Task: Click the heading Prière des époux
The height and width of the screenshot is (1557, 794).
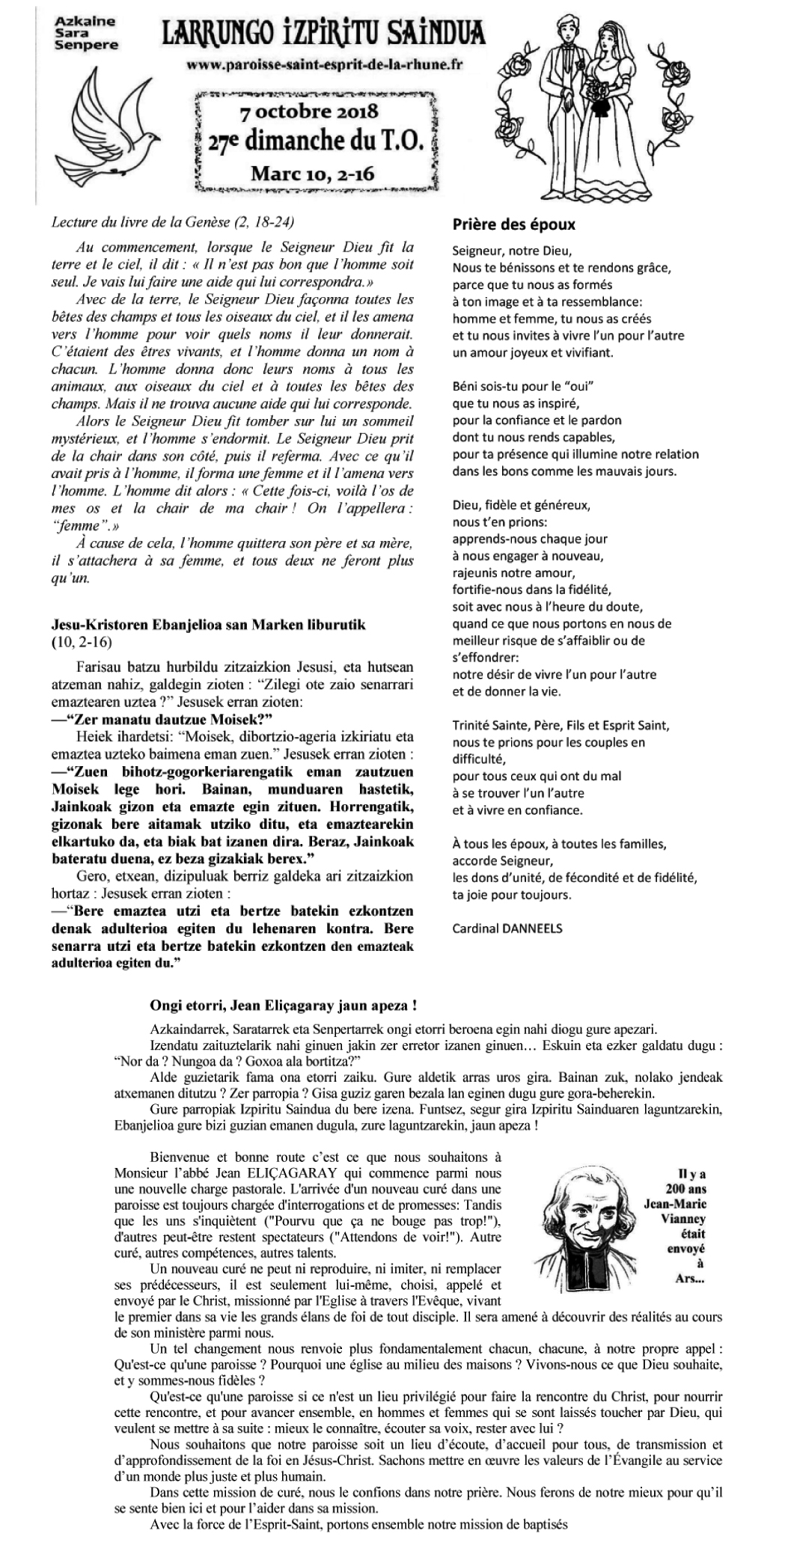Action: (x=514, y=224)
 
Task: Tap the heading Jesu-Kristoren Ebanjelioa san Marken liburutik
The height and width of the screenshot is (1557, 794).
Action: (x=209, y=625)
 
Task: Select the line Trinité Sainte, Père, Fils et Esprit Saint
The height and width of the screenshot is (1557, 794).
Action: (x=561, y=725)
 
